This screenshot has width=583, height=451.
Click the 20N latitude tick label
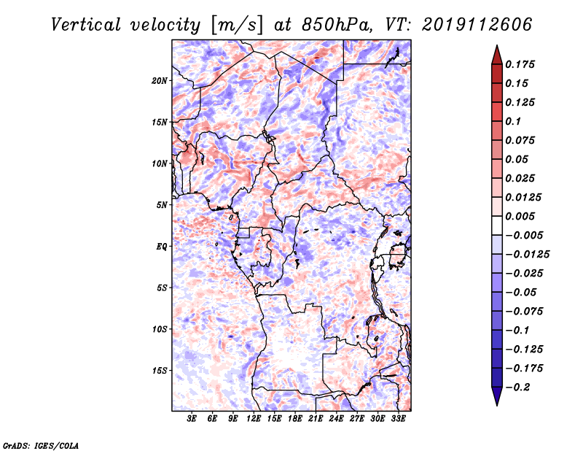pos(160,81)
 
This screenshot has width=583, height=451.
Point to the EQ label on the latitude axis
pos(162,247)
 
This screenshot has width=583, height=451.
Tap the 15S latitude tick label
pos(160,371)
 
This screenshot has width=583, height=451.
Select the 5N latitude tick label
pos(162,205)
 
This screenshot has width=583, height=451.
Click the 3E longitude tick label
pos(192,418)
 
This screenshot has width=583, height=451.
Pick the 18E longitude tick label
pos(295,418)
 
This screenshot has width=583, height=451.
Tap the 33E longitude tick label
pos(398,418)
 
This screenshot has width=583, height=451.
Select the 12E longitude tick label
pos(254,418)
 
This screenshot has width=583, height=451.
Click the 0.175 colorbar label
pos(520,64)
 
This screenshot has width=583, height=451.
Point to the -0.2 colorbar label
pos(518,388)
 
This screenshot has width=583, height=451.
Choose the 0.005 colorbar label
pos(520,216)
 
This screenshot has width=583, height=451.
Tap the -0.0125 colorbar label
pos(527,255)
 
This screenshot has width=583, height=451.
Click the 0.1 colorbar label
pos(513,121)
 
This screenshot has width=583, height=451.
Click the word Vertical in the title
pos(86,25)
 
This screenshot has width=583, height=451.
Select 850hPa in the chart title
pos(337,25)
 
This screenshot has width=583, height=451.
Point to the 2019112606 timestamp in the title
pos(477,25)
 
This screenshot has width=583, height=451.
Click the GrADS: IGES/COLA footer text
pos(41,446)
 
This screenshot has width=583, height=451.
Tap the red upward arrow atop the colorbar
pos(497,55)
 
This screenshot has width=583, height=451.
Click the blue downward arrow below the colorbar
pos(497,396)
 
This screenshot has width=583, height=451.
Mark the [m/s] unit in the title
pos(237,25)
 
